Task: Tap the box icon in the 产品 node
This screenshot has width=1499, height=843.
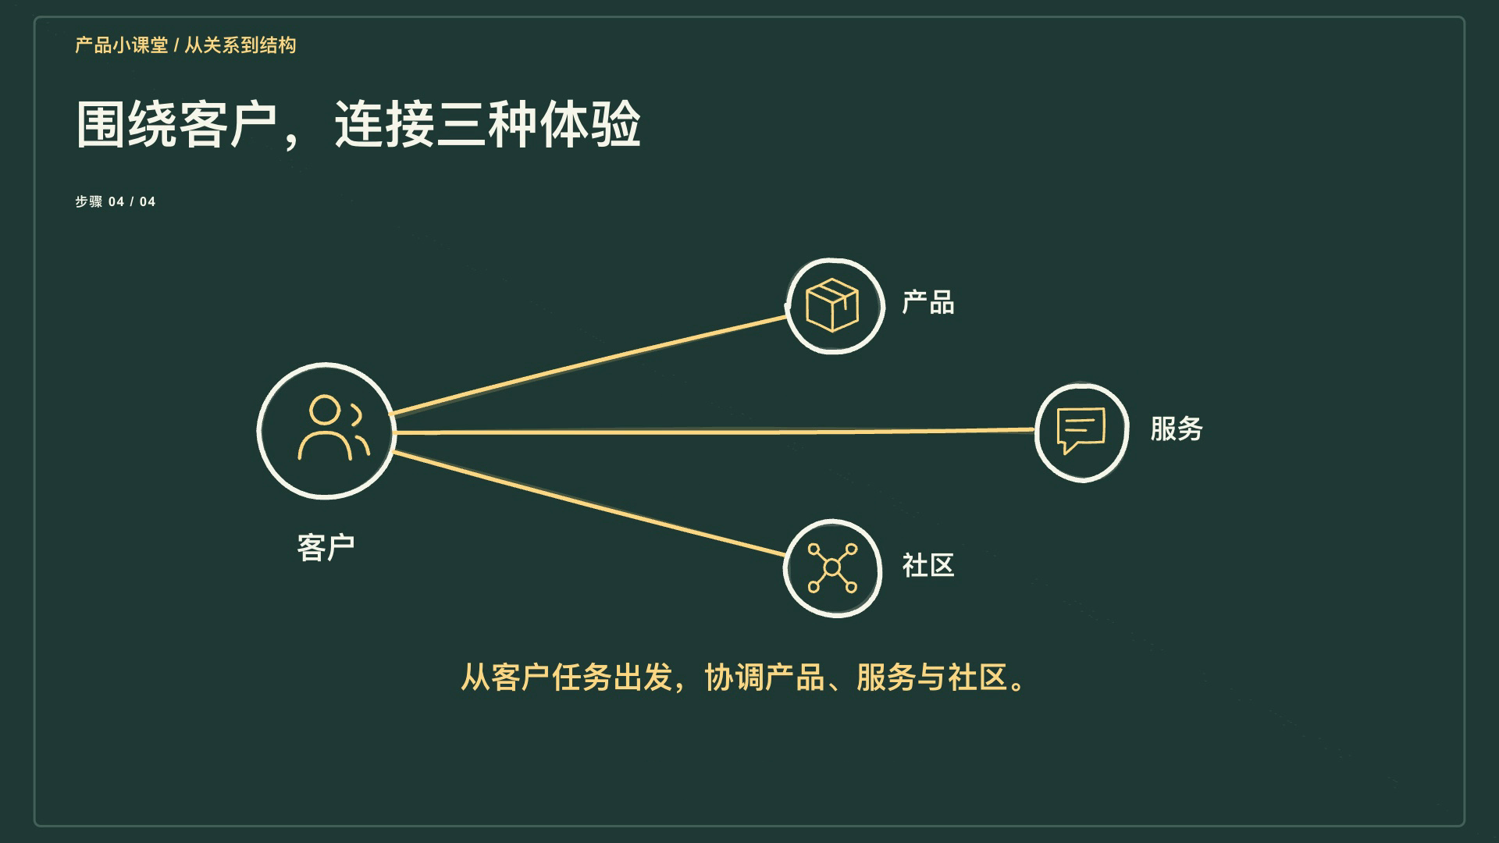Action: coord(832,304)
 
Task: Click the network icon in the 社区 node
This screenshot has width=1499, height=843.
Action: coord(832,567)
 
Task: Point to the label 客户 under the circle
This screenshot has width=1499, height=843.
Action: coord(326,547)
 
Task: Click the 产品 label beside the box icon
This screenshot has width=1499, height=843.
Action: coord(928,302)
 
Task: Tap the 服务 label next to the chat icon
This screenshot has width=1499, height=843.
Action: coord(1177,429)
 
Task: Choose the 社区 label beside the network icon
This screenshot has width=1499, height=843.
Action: coord(928,565)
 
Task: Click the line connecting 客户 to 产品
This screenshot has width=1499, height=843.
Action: coord(588,365)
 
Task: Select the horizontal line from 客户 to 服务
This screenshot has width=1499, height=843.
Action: coord(714,431)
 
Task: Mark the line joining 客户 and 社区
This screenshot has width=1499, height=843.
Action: coord(589,503)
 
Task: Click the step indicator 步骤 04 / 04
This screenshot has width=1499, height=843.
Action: coord(116,201)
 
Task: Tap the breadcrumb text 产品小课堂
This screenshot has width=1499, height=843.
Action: coord(122,45)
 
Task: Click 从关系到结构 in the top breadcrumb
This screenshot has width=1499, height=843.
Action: coord(240,45)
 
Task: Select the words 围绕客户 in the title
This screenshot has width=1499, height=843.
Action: coord(176,124)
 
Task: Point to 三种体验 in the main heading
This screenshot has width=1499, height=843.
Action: coord(539,124)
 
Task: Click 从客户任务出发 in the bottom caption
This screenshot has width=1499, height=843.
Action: coord(567,677)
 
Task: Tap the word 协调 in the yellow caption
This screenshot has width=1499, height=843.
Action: coord(735,677)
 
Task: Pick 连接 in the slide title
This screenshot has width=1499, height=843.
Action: coord(384,124)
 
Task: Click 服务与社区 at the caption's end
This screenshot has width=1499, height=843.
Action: coord(932,677)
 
